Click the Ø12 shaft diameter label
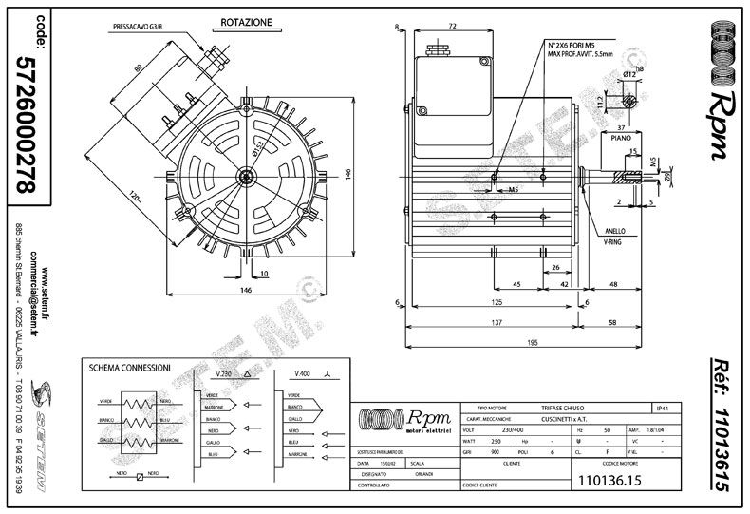click(x=628, y=74)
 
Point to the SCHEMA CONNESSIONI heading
click(x=129, y=368)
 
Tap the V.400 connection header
click(x=305, y=374)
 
